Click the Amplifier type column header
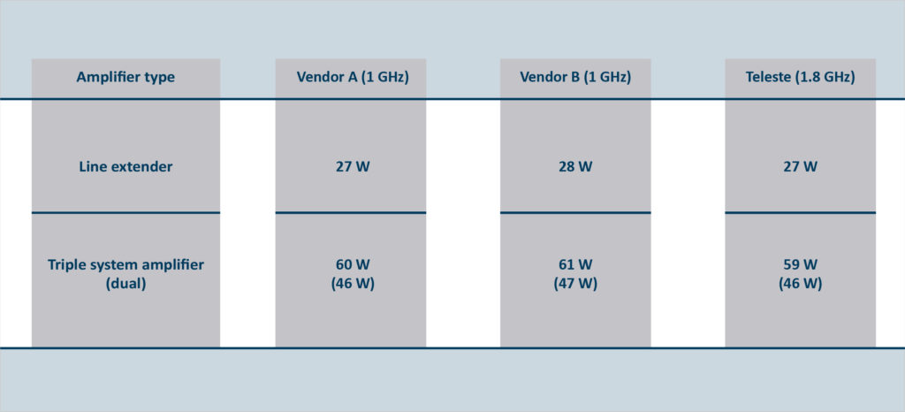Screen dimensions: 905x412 point(125,77)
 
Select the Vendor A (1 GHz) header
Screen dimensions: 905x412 point(353,77)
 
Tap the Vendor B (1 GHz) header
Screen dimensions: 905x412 point(575,77)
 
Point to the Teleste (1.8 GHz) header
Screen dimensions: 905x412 point(800,77)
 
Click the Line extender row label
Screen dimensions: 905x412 point(125,167)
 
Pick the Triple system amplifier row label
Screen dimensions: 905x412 point(125,265)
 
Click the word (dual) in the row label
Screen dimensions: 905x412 point(125,284)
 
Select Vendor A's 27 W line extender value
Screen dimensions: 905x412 point(353,167)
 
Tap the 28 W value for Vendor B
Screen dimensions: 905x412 point(575,167)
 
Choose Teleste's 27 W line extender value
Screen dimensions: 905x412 point(800,167)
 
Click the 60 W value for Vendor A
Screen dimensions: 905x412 point(353,265)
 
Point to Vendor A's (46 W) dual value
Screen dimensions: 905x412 point(353,284)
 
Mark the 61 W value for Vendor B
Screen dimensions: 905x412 point(575,265)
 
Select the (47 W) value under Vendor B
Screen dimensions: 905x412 point(575,284)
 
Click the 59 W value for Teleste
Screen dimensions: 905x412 point(800,265)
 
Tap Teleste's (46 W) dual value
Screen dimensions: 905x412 point(800,284)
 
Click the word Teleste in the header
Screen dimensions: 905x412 point(768,77)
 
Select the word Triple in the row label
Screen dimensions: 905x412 point(65,265)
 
